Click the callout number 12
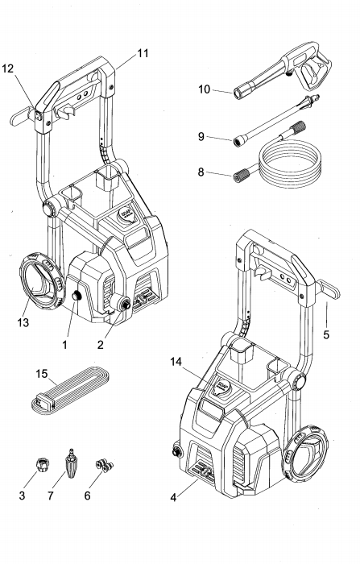pos(8,68)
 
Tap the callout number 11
pos(142,53)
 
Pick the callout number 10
pos(204,89)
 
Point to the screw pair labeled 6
pos(101,465)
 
